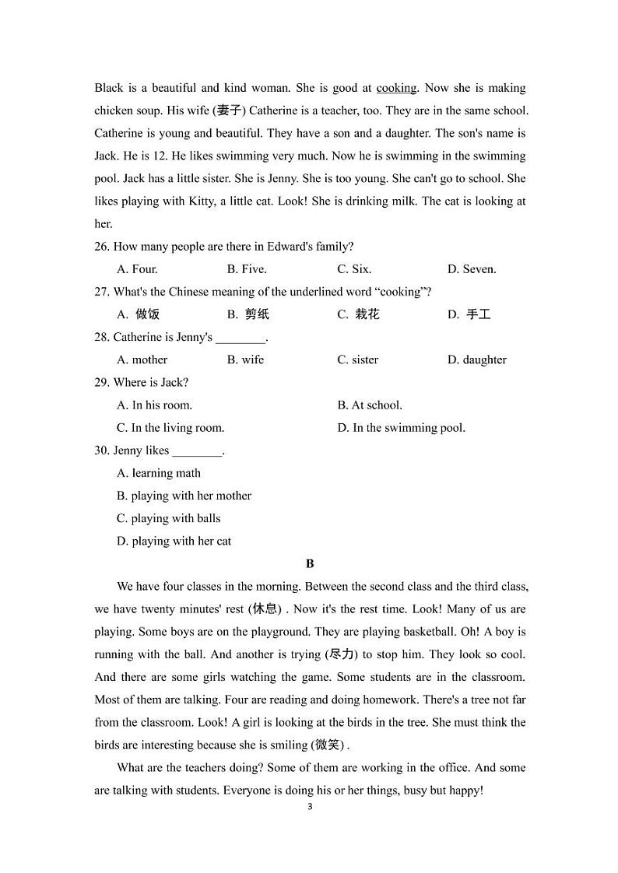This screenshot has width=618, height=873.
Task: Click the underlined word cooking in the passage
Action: coord(397,88)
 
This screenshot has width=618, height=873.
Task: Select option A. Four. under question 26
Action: coord(137,269)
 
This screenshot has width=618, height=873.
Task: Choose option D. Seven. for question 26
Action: coord(471,269)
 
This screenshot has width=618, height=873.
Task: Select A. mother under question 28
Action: coord(142,359)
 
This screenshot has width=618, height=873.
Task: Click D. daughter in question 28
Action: coord(476,359)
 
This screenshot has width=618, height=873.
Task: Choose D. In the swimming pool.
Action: coord(401,428)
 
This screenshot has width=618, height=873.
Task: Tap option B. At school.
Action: coord(370,405)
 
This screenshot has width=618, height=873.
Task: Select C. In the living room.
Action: coord(170,428)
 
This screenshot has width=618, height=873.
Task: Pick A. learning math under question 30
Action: coord(159,473)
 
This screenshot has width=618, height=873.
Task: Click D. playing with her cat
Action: coord(174,541)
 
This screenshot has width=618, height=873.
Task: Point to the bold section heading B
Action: coord(310,563)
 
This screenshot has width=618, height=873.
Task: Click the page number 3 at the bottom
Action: coord(310,807)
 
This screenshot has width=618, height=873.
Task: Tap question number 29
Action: coord(102,383)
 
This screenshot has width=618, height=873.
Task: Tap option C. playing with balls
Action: coord(168,518)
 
